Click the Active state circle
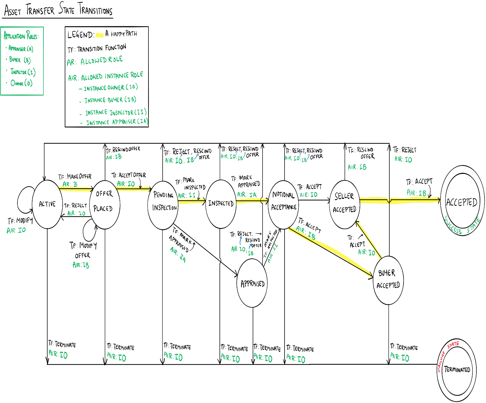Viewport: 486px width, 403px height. pyautogui.click(x=47, y=204)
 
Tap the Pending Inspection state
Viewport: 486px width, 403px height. pyautogui.click(x=163, y=205)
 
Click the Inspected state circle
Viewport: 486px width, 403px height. pyautogui.click(x=221, y=204)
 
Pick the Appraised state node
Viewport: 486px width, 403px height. pyautogui.click(x=252, y=283)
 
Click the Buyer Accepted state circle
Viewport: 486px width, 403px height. pyautogui.click(x=388, y=280)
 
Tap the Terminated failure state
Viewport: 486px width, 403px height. pyautogui.click(x=457, y=370)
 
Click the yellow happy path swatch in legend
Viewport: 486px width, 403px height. pyautogui.click(x=100, y=35)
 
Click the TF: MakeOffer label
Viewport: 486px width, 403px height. pyautogui.click(x=75, y=177)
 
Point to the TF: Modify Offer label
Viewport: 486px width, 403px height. pyautogui.click(x=83, y=250)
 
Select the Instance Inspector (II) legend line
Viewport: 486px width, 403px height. pyautogui.click(x=116, y=112)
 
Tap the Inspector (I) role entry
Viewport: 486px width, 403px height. pyautogui.click(x=23, y=72)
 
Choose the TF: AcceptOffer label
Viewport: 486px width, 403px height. pyautogui.click(x=129, y=175)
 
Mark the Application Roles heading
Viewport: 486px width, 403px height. pyautogui.click(x=21, y=36)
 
